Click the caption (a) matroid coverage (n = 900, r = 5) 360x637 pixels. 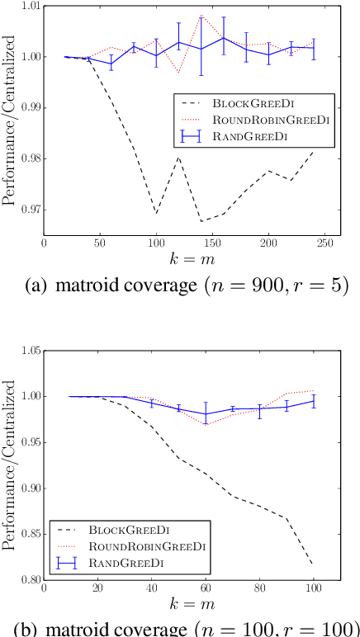180,288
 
